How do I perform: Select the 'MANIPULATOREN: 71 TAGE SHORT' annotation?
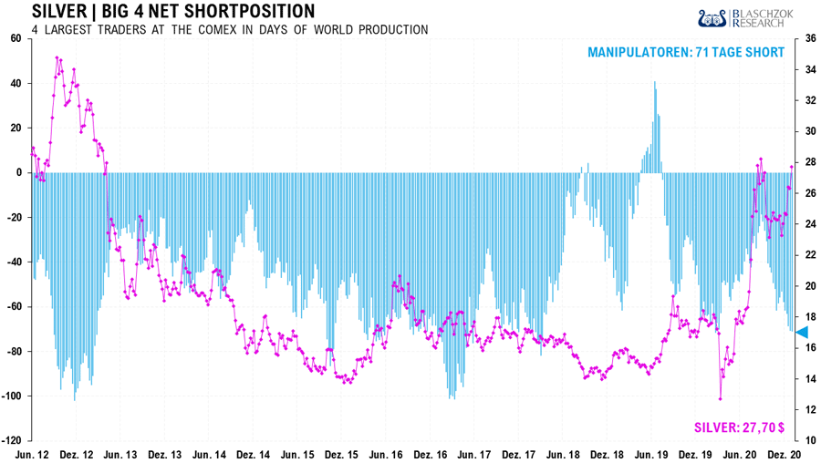click(685, 53)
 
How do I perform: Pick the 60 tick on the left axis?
click(16, 39)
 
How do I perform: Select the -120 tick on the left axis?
click(12, 441)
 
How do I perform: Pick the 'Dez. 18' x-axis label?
click(607, 454)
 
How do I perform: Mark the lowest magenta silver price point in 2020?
click(721, 398)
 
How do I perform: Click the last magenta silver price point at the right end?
click(791, 167)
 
